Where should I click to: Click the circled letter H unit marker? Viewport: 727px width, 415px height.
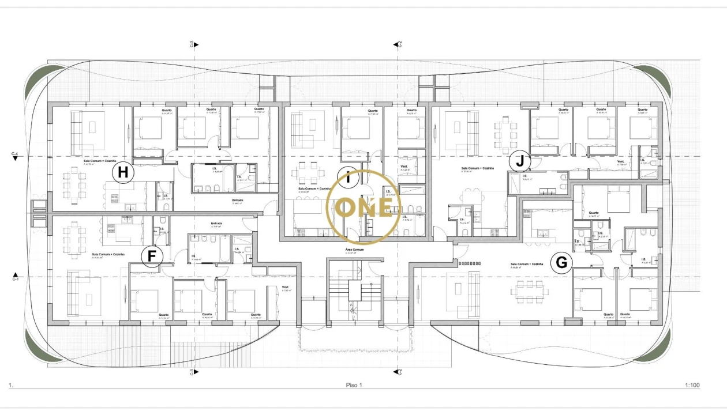(x=123, y=172)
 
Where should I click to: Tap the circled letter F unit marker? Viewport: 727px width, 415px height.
(x=152, y=255)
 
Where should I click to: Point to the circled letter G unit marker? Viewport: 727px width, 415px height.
(x=561, y=263)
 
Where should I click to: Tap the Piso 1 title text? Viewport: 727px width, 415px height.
(x=353, y=385)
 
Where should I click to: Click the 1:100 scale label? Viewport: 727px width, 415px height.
(x=692, y=385)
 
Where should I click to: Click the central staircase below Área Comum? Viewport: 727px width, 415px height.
(x=354, y=294)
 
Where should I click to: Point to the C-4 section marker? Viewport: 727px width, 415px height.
(x=15, y=155)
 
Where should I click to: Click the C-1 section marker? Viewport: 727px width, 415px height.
(x=15, y=277)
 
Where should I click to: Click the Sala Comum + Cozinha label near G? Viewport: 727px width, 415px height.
(x=527, y=265)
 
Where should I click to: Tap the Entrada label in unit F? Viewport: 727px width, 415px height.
(x=216, y=223)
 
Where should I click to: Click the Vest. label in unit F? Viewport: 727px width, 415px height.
(x=285, y=288)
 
